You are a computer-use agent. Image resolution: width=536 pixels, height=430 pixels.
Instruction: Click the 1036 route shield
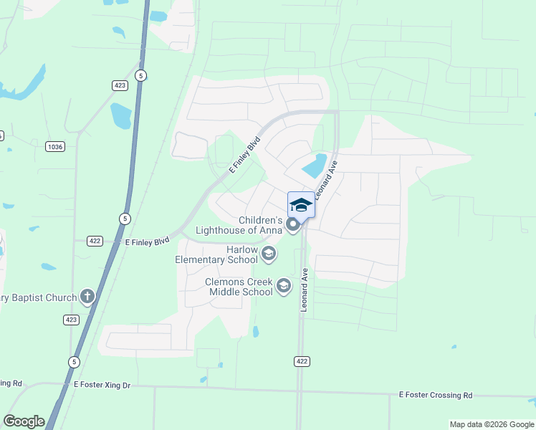pos(54,146)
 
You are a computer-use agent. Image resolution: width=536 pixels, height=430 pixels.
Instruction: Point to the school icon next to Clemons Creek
pos(284,287)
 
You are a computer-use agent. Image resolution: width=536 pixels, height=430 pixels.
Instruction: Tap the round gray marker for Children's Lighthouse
pos(293,225)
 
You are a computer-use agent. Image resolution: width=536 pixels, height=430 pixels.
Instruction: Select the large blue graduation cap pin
pos(301,205)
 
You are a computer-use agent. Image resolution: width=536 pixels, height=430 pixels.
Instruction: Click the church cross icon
pos(87,296)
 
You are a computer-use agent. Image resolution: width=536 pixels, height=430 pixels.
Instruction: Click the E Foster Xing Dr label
pos(102,386)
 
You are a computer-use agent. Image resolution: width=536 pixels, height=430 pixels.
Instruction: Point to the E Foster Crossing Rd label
pos(436,395)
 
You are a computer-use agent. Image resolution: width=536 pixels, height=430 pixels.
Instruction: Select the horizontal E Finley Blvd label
pos(147,242)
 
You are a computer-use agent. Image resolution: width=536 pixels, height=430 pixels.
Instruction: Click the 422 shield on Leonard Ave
pos(302,361)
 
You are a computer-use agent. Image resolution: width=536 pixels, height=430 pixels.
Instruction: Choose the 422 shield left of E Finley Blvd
pos(95,240)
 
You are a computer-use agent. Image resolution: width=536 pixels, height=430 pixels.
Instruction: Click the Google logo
pos(24,421)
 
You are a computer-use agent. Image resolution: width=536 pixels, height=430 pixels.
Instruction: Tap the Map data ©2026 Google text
pos(491,424)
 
